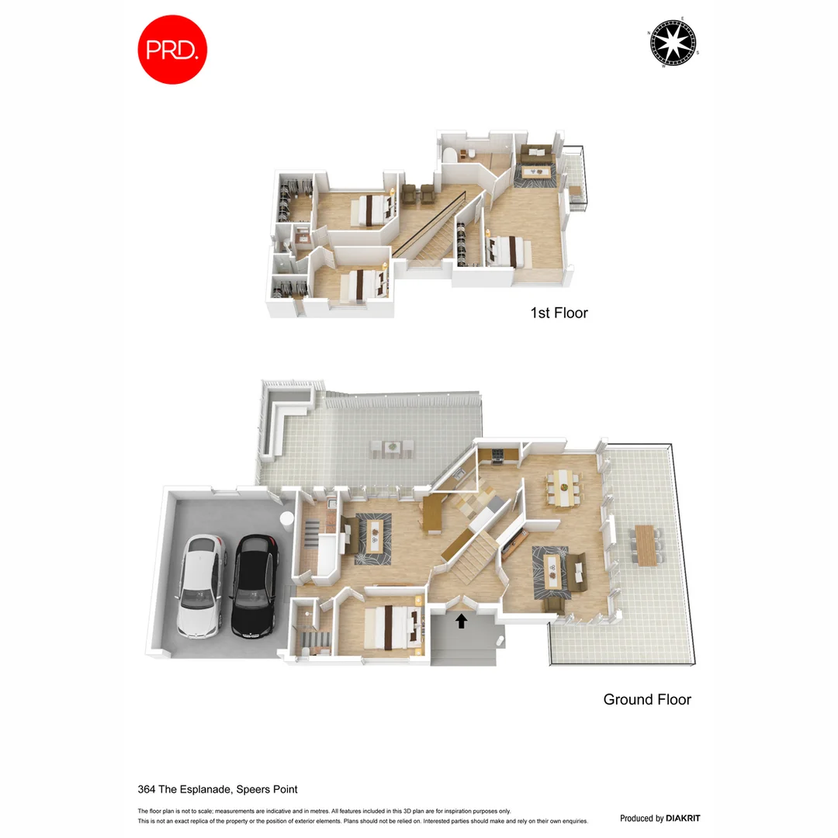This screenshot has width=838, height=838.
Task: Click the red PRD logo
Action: pyautogui.click(x=172, y=49)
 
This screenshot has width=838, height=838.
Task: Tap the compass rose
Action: pyautogui.click(x=672, y=42)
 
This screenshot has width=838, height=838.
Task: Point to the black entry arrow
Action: pyautogui.click(x=462, y=620)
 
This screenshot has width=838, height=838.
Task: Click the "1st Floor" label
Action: pyautogui.click(x=559, y=313)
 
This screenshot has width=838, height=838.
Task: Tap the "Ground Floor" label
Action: pyautogui.click(x=647, y=699)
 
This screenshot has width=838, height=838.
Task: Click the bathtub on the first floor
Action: pyautogui.click(x=448, y=157)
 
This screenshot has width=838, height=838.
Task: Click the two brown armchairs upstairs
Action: pyautogui.click(x=417, y=193)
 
